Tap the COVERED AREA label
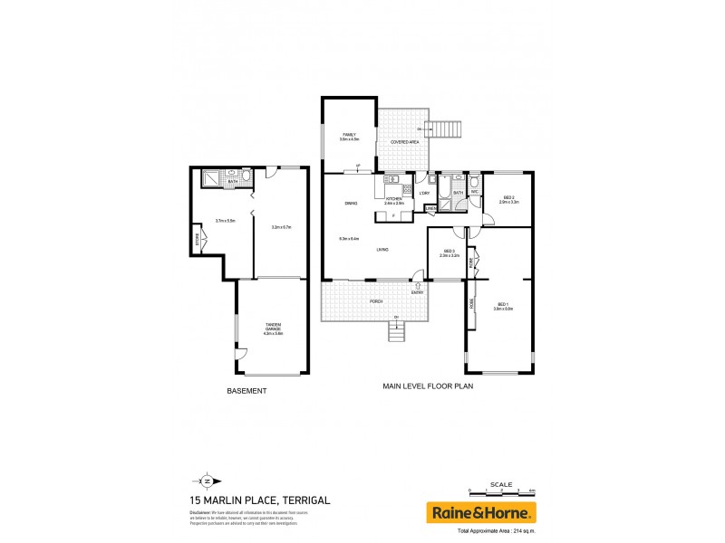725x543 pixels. pos(403,143)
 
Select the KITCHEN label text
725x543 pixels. pos(394,200)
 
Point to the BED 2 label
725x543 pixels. pos(507,198)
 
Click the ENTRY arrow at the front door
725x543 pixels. pos(418,286)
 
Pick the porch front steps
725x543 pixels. pos(397,332)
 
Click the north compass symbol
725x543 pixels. pos(207,481)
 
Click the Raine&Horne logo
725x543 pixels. pos(482,513)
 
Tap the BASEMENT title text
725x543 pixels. pos(246,391)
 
